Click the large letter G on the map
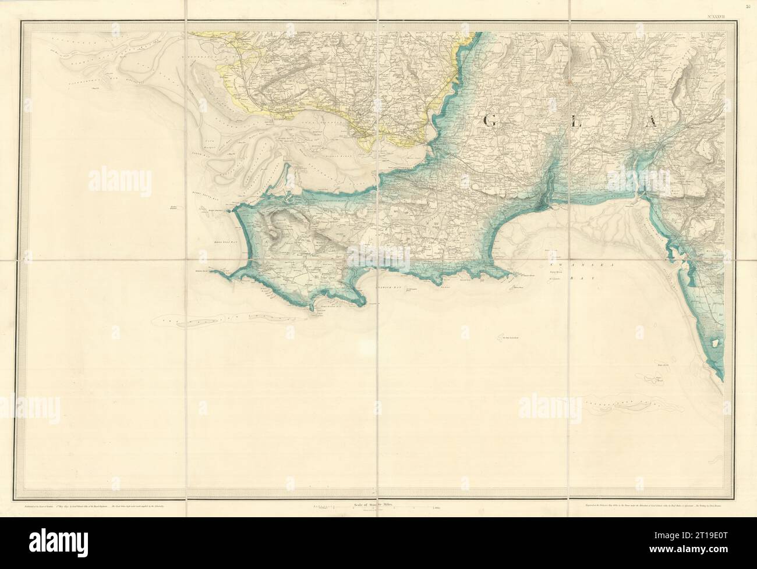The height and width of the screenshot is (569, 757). (x=490, y=120)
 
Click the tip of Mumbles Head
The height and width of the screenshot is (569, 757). (x=516, y=288)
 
